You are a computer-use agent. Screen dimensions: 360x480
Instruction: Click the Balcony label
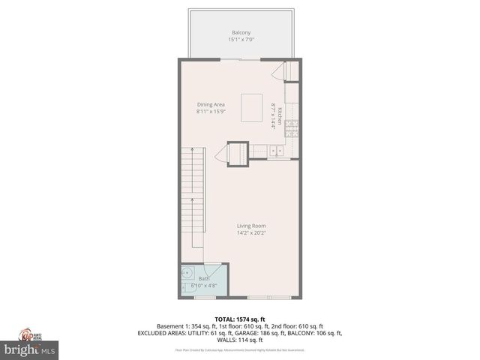click(241, 33)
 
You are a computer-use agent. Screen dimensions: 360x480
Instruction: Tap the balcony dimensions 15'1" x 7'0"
click(241, 40)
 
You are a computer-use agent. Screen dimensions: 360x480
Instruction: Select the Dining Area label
click(211, 104)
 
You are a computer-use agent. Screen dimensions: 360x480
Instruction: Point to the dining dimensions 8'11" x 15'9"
click(211, 112)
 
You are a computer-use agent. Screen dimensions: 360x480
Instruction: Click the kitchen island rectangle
click(251, 103)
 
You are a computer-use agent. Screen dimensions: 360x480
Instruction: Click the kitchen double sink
click(276, 151)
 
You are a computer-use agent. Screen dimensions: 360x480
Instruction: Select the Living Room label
click(251, 226)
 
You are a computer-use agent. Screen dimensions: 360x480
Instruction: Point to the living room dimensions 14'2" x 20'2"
click(251, 233)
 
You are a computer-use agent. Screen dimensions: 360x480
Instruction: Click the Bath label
click(204, 279)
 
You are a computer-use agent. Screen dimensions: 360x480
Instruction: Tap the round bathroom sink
click(188, 272)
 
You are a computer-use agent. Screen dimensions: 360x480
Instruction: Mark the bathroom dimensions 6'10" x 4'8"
click(205, 286)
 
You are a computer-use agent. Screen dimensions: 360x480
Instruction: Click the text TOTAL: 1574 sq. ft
click(240, 319)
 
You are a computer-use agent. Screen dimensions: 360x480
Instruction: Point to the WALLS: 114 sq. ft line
click(240, 340)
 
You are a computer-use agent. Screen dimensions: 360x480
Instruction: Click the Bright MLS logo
click(30, 349)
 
